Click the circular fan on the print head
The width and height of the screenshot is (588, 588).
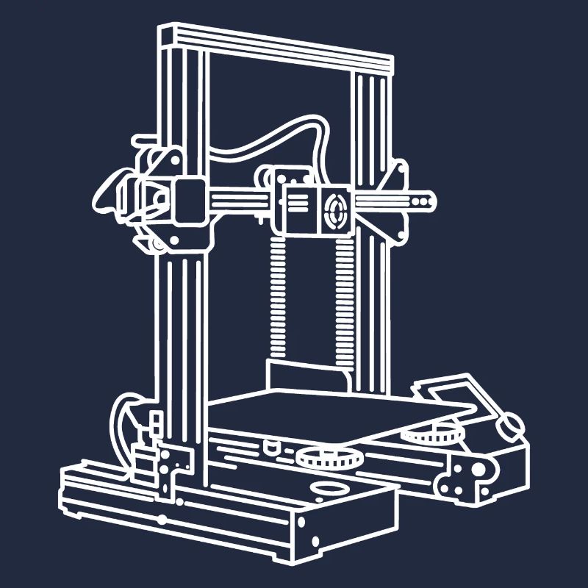337,209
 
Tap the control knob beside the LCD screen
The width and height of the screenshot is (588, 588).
509,424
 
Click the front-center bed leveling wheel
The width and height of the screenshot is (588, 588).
329,457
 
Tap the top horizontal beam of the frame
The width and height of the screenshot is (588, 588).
276,47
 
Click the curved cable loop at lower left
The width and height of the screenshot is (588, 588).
121,426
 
